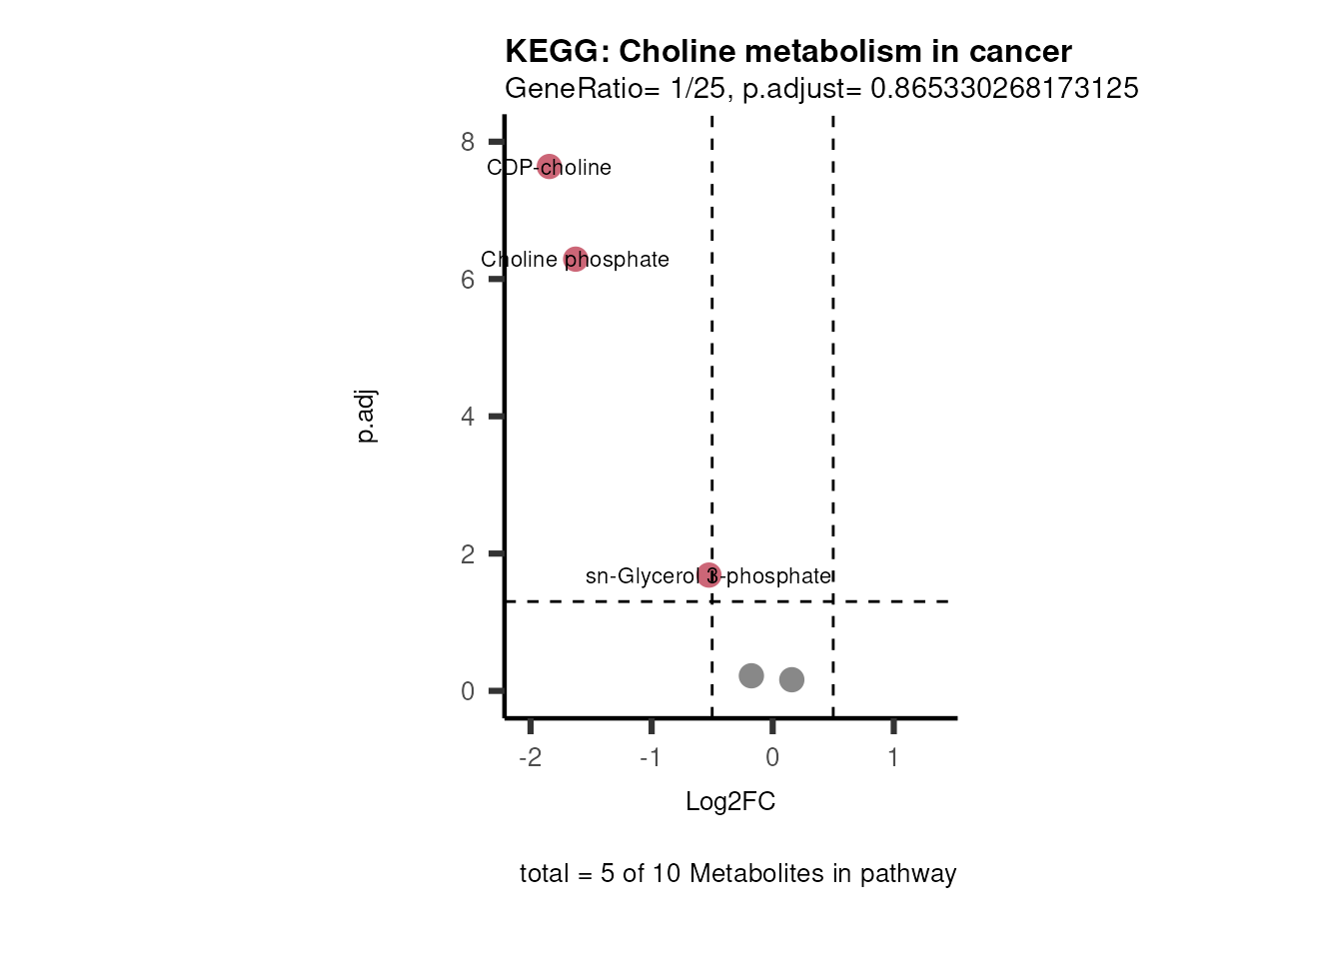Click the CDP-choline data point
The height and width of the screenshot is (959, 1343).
(x=549, y=166)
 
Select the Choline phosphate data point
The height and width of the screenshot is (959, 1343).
(x=575, y=260)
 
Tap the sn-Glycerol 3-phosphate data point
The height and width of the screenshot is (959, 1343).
(x=708, y=575)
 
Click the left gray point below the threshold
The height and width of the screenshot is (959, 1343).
(x=751, y=676)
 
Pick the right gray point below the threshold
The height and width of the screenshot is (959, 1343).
(x=791, y=680)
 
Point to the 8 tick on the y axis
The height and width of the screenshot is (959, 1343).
(x=468, y=142)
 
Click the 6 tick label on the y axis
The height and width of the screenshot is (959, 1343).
(x=468, y=280)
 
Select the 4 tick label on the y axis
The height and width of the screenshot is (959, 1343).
(x=468, y=417)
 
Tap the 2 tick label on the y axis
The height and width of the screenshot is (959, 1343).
(x=468, y=554)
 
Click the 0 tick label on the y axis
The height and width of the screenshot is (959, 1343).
(x=468, y=691)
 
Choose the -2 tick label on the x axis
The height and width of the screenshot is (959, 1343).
(x=530, y=758)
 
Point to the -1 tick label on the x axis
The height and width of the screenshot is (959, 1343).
(x=651, y=758)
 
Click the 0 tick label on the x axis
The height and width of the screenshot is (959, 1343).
(x=772, y=758)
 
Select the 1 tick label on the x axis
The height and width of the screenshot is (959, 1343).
(x=893, y=758)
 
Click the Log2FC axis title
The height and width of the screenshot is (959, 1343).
(x=730, y=802)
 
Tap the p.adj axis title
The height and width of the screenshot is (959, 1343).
(x=367, y=417)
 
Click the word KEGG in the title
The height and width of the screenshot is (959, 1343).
(x=554, y=51)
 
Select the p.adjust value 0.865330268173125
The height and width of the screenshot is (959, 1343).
(x=1004, y=89)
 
